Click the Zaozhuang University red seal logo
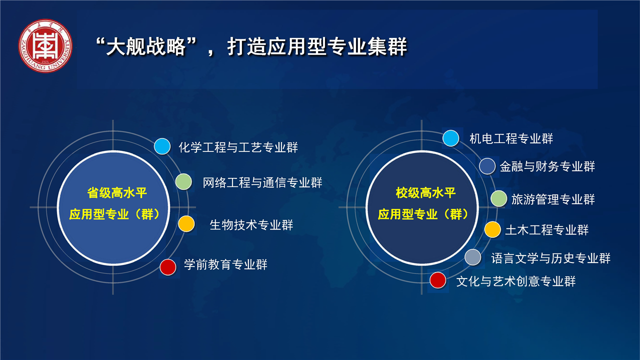pyautogui.click(x=45, y=45)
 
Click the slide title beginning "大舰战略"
pyautogui.click(x=251, y=46)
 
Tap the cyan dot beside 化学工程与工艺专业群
pyautogui.click(x=162, y=146)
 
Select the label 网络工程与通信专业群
pyautogui.click(x=262, y=182)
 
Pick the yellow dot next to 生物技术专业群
pyautogui.click(x=186, y=223)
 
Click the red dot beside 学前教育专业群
pyautogui.click(x=167, y=267)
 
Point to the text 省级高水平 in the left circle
pyautogui.click(x=117, y=193)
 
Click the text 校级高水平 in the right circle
pyautogui.click(x=425, y=193)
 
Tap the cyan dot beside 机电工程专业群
pyautogui.click(x=451, y=138)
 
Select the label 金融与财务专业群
pyautogui.click(x=547, y=166)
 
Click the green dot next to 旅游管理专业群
pyautogui.click(x=499, y=198)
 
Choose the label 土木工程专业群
pyautogui.click(x=547, y=229)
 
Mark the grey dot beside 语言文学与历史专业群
pyautogui.click(x=473, y=257)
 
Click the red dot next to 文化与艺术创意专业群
pyautogui.click(x=437, y=280)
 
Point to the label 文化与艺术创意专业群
pyautogui.click(x=515, y=281)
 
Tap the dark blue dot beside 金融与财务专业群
pyautogui.click(x=487, y=166)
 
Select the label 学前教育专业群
pyautogui.click(x=225, y=264)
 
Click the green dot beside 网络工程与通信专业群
pyautogui.click(x=183, y=181)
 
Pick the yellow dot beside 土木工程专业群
pyautogui.click(x=492, y=229)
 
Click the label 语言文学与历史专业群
pyautogui.click(x=550, y=258)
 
